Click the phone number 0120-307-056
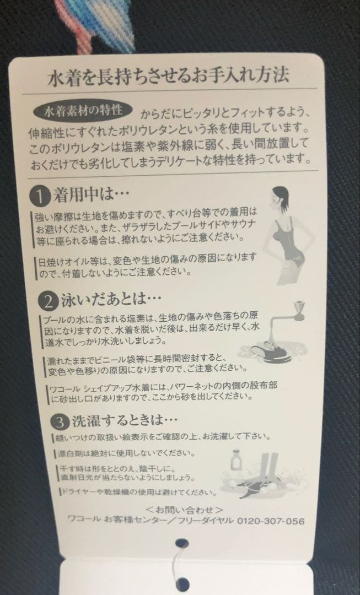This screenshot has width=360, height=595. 270,521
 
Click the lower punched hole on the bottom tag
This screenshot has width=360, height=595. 182,583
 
